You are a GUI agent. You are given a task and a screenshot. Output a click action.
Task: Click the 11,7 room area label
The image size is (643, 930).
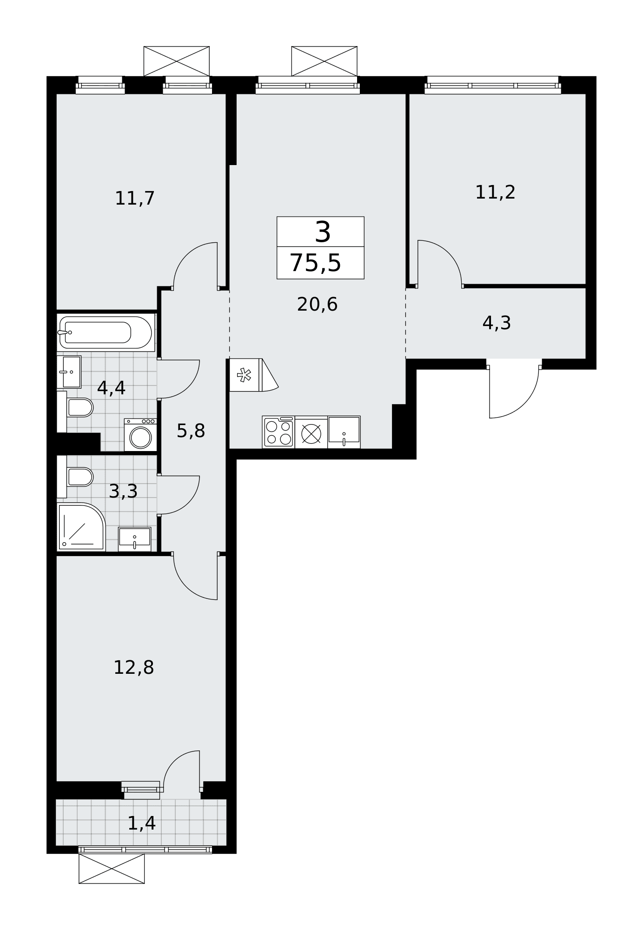click(x=134, y=199)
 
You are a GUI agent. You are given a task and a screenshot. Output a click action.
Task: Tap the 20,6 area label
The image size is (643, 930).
click(x=317, y=305)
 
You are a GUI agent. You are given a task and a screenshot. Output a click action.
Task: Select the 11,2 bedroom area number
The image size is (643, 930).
click(x=495, y=192)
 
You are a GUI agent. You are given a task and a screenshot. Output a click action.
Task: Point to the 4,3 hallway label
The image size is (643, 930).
click(x=497, y=323)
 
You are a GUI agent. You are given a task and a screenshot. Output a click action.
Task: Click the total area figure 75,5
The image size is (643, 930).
click(x=316, y=263)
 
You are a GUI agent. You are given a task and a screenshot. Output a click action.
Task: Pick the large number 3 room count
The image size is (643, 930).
click(x=323, y=232)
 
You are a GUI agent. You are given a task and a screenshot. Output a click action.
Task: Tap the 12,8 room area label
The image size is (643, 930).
click(x=133, y=668)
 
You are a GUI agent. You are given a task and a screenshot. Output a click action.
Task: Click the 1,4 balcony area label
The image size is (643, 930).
click(x=141, y=823)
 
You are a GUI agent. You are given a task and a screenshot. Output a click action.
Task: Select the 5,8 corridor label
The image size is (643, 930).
click(x=191, y=431)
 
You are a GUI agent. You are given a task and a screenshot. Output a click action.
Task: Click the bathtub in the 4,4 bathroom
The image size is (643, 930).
click(x=106, y=332)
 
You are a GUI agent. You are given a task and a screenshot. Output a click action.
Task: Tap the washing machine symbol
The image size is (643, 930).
click(x=140, y=435)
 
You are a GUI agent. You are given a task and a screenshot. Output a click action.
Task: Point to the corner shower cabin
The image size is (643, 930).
click(x=81, y=527)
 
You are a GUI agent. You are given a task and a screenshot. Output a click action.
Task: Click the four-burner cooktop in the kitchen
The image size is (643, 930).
click(x=278, y=432)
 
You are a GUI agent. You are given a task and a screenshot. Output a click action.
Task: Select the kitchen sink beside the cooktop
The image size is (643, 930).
click(x=344, y=432)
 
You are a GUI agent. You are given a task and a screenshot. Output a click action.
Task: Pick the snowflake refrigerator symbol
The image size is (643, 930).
click(x=245, y=375)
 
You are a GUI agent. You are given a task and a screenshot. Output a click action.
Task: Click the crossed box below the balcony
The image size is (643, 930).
click(x=112, y=868)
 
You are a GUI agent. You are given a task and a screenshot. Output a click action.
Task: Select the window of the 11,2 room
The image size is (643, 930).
click(x=493, y=85)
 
